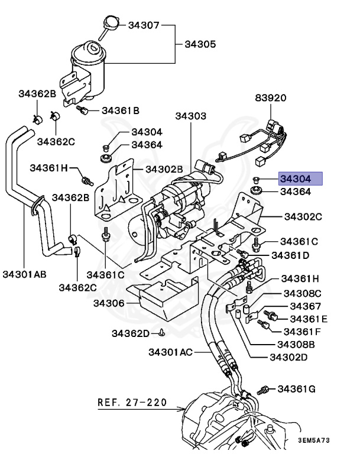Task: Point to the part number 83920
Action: [x=271, y=99]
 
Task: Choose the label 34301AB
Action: [x=24, y=274]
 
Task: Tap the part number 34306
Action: [x=108, y=303]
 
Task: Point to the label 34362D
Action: [x=131, y=333]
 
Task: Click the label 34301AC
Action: [x=170, y=352]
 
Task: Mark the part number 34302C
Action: [x=303, y=217]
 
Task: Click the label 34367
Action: [x=305, y=306]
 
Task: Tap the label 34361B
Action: [x=120, y=111]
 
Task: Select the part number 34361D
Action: [x=290, y=255]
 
